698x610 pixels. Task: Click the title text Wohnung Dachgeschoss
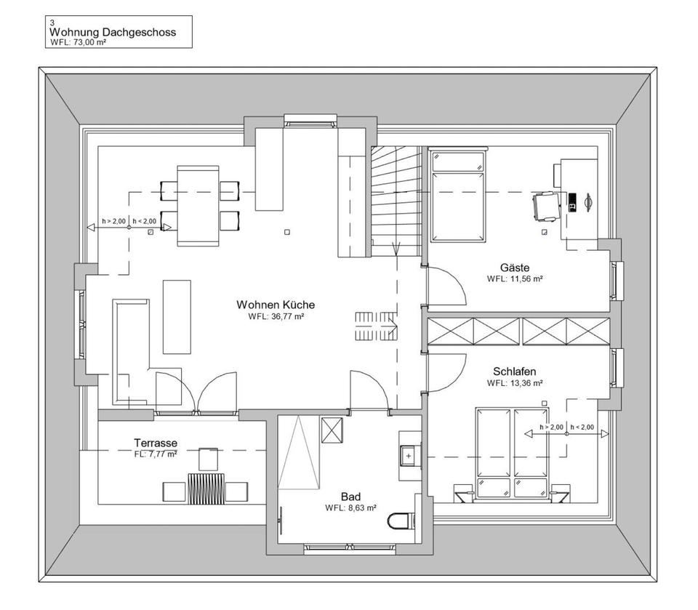coord(112,33)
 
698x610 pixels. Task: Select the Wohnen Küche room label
coord(276,305)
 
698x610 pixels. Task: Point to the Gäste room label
coord(515,268)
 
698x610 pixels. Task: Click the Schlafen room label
coord(515,372)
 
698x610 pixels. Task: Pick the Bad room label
coord(350,497)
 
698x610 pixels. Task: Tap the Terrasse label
coord(156,442)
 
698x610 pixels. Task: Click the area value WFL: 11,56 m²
coord(515,278)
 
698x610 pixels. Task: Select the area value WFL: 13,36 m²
coord(515,382)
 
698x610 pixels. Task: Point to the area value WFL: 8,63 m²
coord(350,508)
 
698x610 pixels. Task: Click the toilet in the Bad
coord(401,521)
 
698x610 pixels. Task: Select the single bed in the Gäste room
coord(457,196)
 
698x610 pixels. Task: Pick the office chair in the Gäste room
coord(546,204)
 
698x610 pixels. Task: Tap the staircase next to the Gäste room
coord(396,201)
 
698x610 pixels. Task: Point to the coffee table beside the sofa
coord(177,316)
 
